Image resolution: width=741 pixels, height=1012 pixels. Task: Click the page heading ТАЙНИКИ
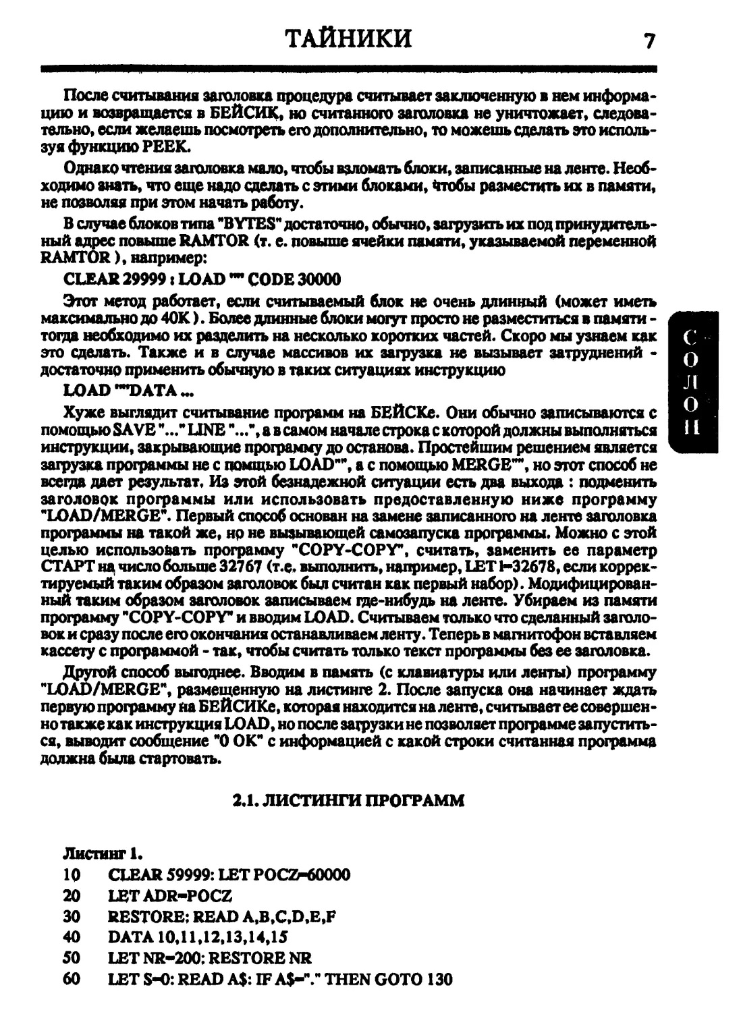349,38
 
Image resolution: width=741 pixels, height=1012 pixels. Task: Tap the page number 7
649,41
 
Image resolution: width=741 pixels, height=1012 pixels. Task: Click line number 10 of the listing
72,875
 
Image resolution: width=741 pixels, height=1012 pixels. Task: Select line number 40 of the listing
72,937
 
